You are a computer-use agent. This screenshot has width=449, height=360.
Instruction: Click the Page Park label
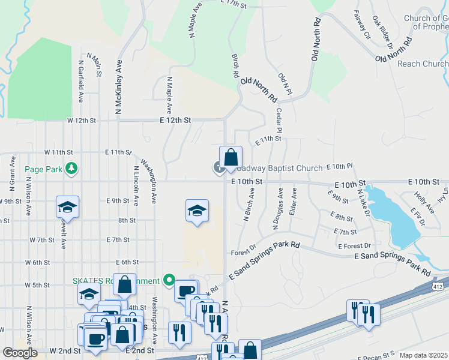[x=44, y=169]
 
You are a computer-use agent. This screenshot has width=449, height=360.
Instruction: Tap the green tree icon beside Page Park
[x=71, y=168]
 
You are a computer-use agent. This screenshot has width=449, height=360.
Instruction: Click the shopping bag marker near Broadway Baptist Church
[x=231, y=158]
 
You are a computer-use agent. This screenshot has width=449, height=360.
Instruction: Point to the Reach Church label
[x=423, y=64]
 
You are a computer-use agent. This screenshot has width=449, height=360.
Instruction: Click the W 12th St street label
[x=82, y=120]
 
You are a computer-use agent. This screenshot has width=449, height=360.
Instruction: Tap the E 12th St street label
[x=175, y=120]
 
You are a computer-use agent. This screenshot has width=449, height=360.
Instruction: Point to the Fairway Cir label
[x=363, y=25]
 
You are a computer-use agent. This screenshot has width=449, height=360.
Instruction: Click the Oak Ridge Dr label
[x=382, y=32]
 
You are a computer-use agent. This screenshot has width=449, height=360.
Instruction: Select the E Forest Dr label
[x=354, y=246]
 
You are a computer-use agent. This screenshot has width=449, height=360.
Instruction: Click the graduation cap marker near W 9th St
[x=68, y=207]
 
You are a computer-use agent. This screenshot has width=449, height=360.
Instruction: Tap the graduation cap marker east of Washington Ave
[x=197, y=211]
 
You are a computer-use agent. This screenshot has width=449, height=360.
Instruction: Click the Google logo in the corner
[x=19, y=352]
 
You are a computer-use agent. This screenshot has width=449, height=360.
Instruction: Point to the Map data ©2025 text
[x=424, y=355]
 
